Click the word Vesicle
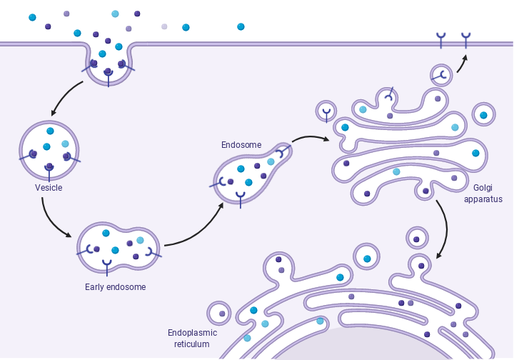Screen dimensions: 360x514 pos(49,188)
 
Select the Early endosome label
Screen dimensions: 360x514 pos(115,287)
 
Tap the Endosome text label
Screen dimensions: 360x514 pos(241,145)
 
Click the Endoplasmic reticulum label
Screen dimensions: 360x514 pos(192,339)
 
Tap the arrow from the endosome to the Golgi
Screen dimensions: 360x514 pos(310,137)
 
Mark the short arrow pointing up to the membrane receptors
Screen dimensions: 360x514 pos(462,63)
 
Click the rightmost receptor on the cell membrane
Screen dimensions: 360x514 pos(466,39)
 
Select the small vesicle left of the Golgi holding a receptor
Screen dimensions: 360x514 pos(326,111)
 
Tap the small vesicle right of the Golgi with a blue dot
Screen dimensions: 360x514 pos(483,115)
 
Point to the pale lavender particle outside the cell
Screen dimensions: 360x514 pos(164,26)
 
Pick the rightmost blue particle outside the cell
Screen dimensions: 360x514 pos(241,27)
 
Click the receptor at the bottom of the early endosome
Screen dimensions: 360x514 pos(107,266)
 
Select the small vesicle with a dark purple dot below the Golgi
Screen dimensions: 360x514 pos(416,239)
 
